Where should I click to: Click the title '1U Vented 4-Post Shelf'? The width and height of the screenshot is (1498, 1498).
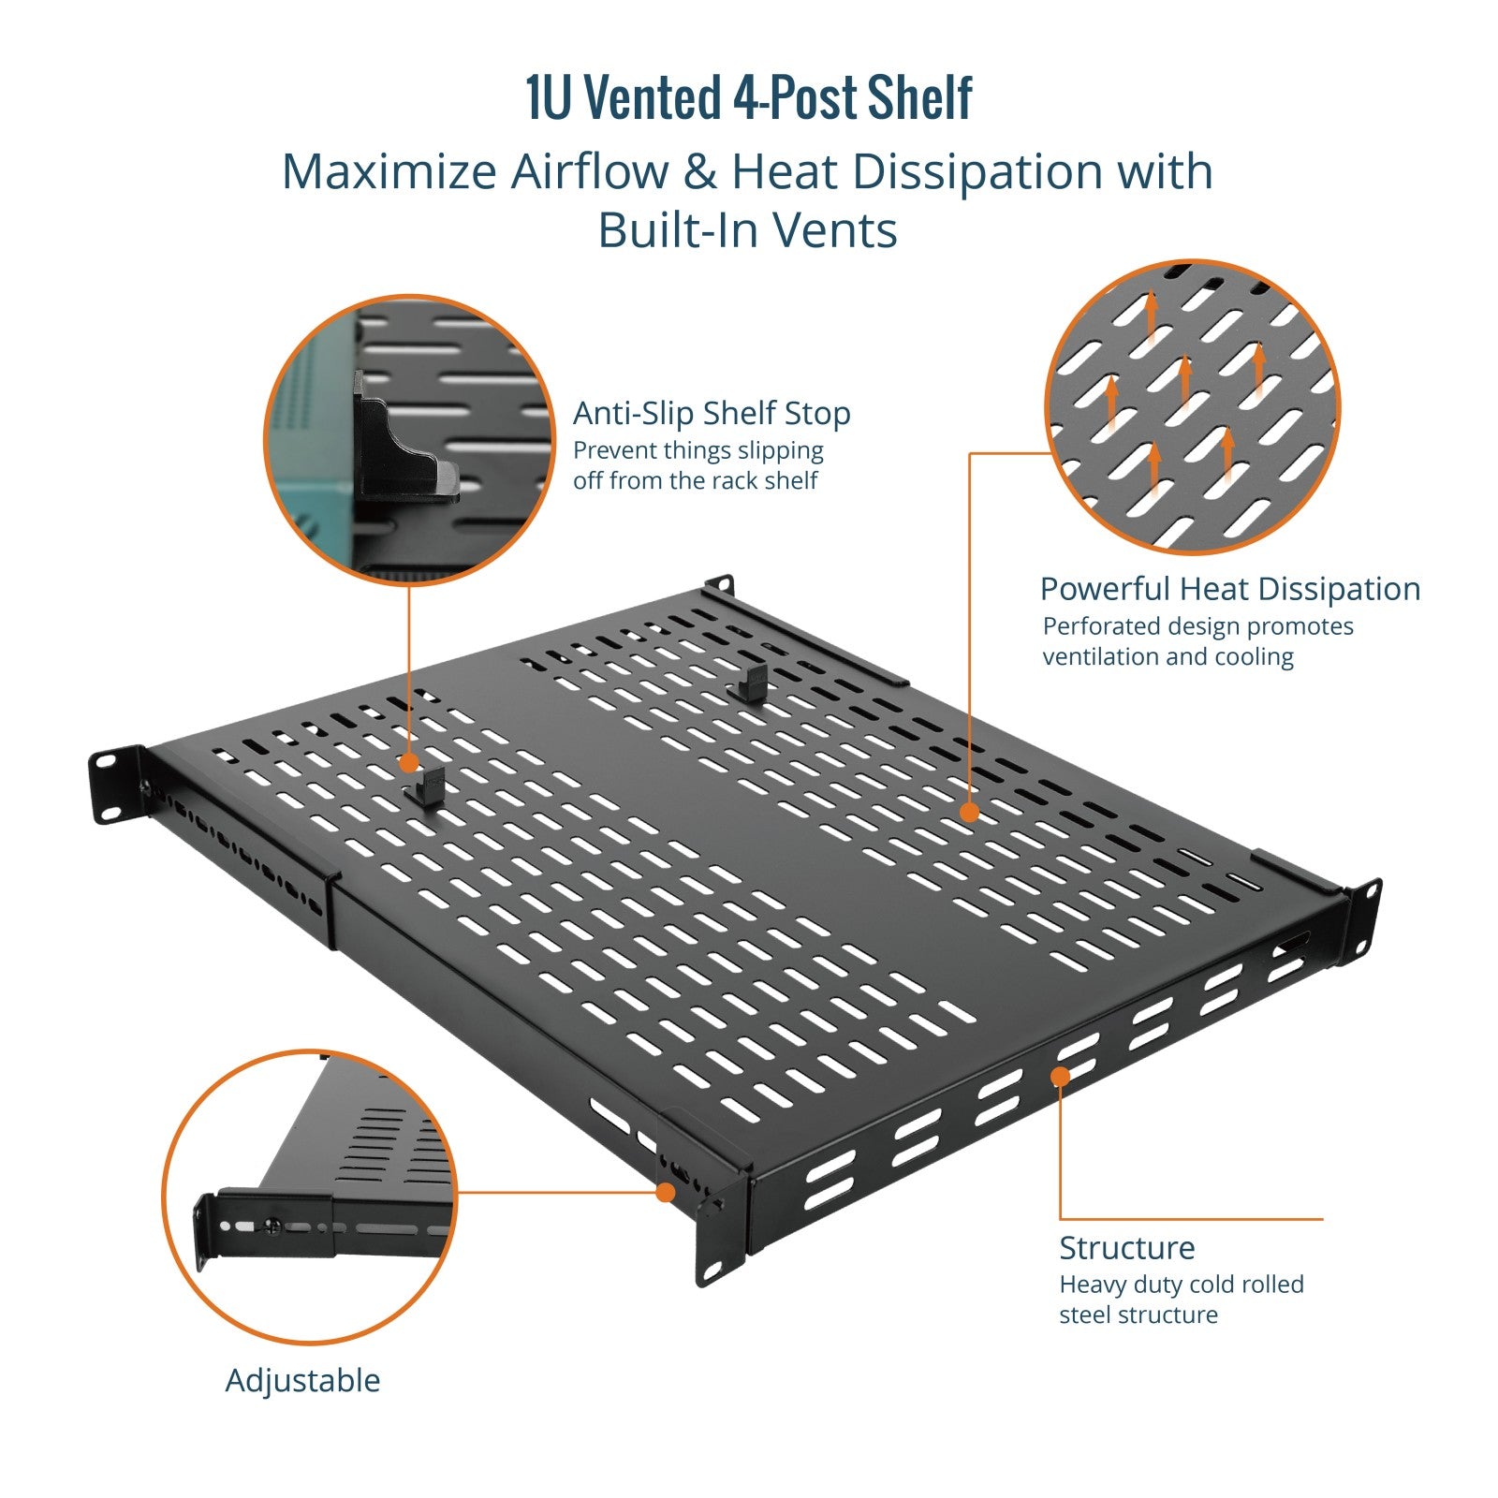coord(749,97)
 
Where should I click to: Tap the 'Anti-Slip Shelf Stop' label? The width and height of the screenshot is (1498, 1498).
coord(712,413)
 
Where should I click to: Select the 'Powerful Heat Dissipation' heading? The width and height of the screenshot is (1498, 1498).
coord(1230,589)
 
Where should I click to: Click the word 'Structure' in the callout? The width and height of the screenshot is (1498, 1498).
coord(1127,1248)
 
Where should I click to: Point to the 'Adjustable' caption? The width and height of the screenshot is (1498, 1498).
coord(302,1381)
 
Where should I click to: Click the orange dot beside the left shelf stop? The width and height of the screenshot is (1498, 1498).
coord(409,763)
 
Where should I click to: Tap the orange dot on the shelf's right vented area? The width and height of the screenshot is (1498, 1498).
coord(970,812)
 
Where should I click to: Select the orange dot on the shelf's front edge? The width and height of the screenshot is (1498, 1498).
coord(1060,1077)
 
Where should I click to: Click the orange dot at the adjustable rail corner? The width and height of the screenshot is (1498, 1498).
coord(665,1192)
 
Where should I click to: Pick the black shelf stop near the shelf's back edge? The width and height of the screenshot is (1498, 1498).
coord(752,683)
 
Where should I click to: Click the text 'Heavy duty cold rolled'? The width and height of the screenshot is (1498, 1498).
coord(1182,1285)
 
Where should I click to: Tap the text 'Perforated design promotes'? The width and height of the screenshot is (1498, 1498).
coord(1198,626)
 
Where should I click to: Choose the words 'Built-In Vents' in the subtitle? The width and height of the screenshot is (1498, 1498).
coord(748,230)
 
